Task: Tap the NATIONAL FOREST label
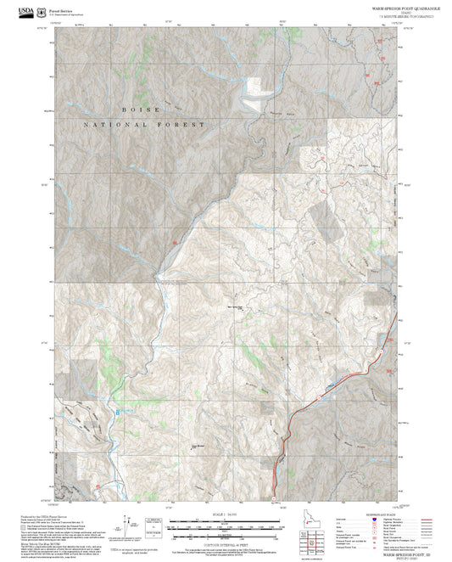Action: [143, 125]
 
